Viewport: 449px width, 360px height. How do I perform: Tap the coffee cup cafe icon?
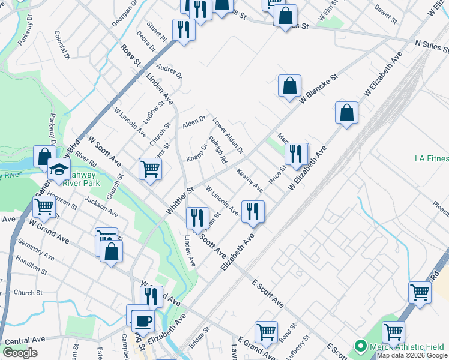(143, 320)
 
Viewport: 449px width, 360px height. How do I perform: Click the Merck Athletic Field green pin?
(360, 346)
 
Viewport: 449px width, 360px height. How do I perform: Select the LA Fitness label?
(432, 159)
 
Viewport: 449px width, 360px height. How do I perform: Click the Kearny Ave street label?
(250, 181)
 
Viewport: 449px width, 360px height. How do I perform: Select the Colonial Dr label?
(62, 45)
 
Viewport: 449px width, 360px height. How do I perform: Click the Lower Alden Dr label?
(228, 134)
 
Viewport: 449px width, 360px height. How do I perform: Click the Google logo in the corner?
(20, 353)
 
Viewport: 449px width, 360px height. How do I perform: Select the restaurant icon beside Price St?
(295, 154)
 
